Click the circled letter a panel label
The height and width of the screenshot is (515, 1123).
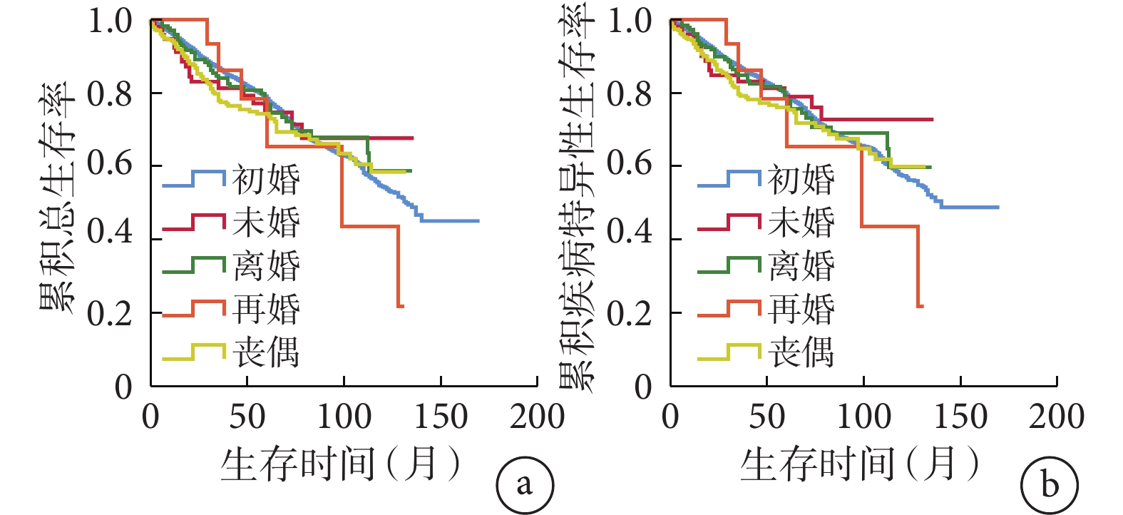(x=525, y=485)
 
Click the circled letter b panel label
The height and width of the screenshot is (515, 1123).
(x=1049, y=485)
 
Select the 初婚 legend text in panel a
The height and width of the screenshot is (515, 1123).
(x=266, y=179)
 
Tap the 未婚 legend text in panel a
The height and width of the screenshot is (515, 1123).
(x=266, y=223)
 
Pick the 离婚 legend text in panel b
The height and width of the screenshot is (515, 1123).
(x=801, y=266)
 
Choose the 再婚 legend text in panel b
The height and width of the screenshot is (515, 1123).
(x=801, y=310)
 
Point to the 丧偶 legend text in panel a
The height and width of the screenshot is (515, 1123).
(x=266, y=353)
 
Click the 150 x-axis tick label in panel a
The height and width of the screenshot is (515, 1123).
(x=441, y=417)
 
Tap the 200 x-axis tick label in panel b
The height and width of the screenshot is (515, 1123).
(x=1057, y=417)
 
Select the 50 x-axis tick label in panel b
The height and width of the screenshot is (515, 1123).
(x=766, y=417)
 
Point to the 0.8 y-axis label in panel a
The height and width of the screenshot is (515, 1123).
(x=110, y=93)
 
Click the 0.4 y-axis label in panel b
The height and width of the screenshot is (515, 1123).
(x=630, y=232)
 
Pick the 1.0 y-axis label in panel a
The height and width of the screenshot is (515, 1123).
(x=110, y=21)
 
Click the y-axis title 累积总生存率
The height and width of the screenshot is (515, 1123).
(x=57, y=197)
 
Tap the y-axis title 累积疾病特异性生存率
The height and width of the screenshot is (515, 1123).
(x=576, y=197)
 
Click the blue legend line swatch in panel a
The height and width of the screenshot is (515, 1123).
(x=193, y=180)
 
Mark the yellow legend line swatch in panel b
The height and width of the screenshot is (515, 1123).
(x=729, y=352)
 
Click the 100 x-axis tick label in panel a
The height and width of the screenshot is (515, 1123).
(x=344, y=417)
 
